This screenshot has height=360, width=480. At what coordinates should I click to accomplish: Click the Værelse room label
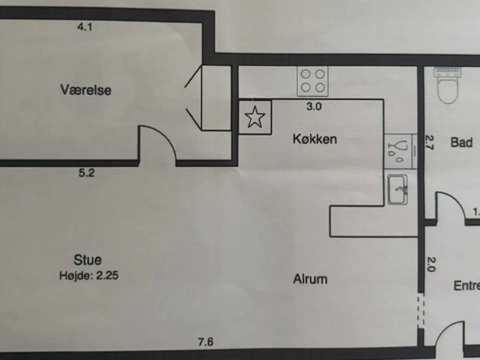[86, 90]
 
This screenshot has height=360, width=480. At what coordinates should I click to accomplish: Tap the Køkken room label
[315, 139]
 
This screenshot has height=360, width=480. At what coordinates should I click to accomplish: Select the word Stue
[87, 260]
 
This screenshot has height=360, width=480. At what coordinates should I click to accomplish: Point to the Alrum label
[310, 279]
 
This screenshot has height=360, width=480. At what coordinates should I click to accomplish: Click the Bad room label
[461, 142]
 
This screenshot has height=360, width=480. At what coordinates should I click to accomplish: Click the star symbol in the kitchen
[255, 117]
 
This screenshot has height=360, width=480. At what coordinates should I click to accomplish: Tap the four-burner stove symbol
[312, 81]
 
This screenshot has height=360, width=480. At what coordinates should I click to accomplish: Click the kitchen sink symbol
[397, 189]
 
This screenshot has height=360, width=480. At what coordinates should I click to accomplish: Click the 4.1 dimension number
[85, 27]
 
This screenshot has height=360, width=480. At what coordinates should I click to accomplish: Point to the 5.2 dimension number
[87, 173]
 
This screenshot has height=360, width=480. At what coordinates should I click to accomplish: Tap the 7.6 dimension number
[205, 342]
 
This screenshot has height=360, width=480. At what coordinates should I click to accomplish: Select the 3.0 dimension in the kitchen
[314, 106]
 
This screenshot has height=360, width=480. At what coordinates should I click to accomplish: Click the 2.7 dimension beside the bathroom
[429, 142]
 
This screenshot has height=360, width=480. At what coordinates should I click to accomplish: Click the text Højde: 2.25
[89, 276]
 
